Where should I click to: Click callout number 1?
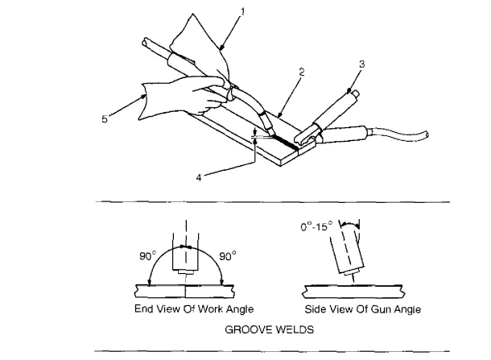coord(242,12)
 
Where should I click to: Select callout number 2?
coord(302,72)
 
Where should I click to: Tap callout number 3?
coord(361,64)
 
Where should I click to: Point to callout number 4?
coord(199,178)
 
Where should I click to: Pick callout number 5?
coord(105,119)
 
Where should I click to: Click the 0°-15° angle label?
coord(316,226)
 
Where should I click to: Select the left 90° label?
coord(147,256)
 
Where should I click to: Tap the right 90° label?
coord(227,256)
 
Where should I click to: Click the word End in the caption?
coord(144,309)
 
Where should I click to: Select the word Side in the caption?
coord(315,309)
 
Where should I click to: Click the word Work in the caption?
coord(211,309)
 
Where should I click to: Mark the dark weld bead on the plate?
coord(285,143)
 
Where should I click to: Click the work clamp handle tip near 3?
coord(356,94)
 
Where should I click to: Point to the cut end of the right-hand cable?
coord(426,135)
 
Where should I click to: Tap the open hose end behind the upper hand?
coord(146,43)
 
